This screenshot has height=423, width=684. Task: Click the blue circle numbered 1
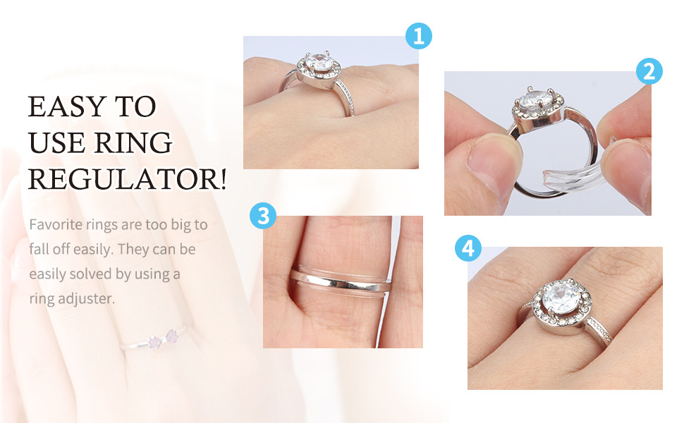(x=419, y=36)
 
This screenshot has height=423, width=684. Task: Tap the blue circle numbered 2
(x=649, y=71)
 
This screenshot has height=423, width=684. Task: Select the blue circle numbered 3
(x=263, y=216)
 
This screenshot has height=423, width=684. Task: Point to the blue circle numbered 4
(x=468, y=248)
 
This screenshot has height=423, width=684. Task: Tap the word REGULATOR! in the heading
(x=128, y=179)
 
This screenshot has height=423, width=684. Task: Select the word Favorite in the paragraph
(x=56, y=225)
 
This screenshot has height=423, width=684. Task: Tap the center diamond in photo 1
(x=319, y=62)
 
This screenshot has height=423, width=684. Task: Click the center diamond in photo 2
(x=535, y=99)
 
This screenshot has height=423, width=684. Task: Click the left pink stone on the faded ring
(x=154, y=343)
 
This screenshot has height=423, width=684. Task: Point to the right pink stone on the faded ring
(x=172, y=336)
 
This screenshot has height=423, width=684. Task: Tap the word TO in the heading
(x=135, y=106)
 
